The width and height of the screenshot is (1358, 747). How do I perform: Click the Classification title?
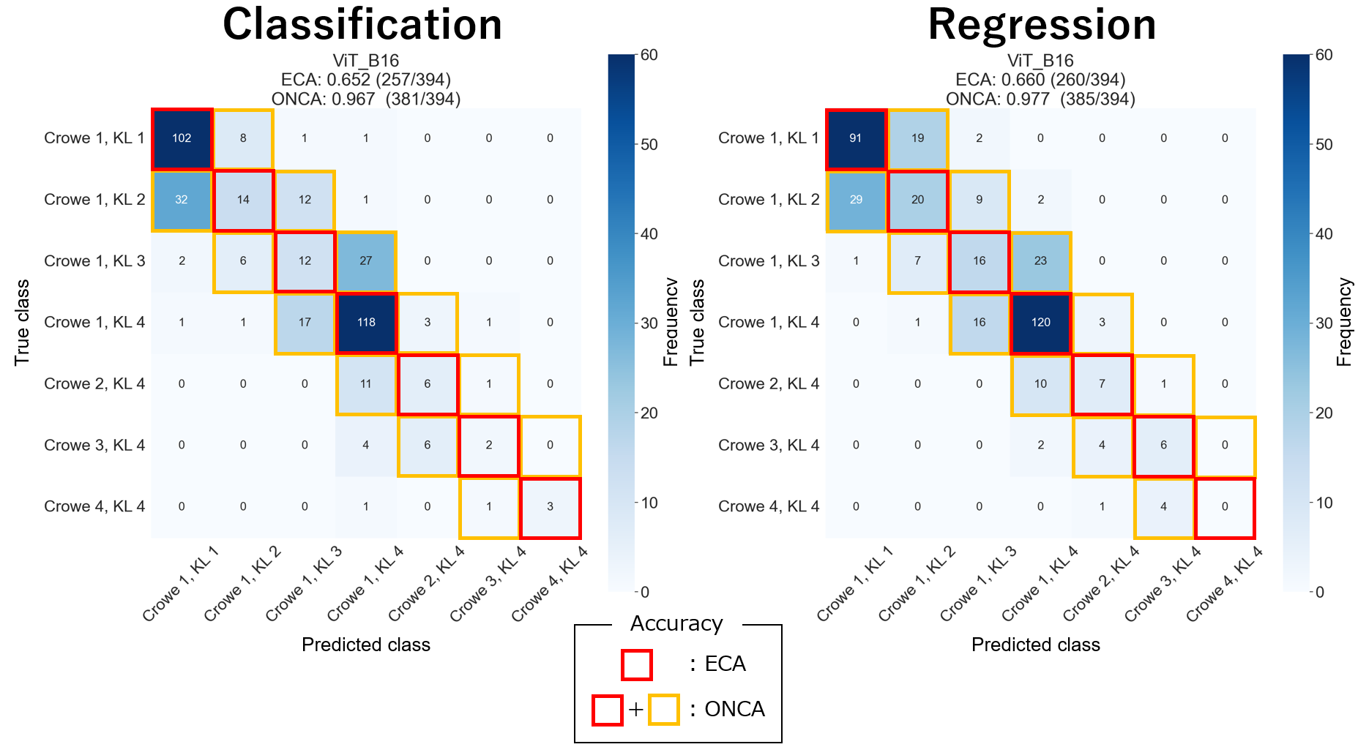coord(362,25)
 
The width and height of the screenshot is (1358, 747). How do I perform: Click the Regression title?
coord(1041,25)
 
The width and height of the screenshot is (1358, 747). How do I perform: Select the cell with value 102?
coord(182,138)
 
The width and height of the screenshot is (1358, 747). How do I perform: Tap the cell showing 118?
coord(366,323)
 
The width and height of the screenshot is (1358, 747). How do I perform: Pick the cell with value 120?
coord(1040,323)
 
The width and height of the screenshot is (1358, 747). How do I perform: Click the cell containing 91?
coord(856,138)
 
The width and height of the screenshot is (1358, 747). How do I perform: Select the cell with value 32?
coord(182,200)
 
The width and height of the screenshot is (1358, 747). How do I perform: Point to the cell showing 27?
coord(366,261)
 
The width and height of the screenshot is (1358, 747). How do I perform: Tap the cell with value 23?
coord(1040,261)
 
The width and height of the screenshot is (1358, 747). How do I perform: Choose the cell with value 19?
coord(917,138)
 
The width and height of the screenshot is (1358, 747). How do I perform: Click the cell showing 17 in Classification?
coord(305,323)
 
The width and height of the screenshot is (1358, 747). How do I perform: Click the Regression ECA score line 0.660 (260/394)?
coord(1040,80)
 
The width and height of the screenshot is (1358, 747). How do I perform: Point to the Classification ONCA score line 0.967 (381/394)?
coord(366,99)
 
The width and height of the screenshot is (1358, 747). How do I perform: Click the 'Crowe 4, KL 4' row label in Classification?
coord(94,506)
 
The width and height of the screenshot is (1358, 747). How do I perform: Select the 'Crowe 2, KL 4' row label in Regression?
coord(769,384)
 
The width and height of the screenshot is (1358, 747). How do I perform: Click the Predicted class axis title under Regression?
coord(1035,645)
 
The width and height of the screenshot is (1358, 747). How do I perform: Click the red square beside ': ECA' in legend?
coord(636,665)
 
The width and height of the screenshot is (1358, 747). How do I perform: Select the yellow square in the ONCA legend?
coord(664,710)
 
